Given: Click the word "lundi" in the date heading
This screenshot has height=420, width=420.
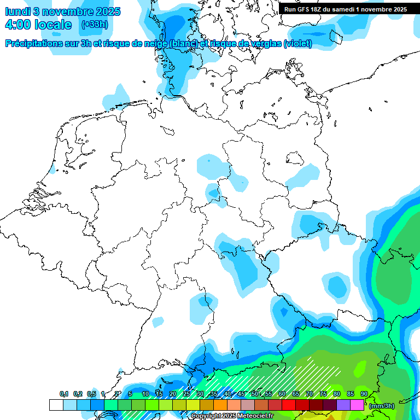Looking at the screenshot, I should coord(18,11).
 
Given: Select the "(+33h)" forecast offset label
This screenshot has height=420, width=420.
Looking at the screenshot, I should coord(95,24).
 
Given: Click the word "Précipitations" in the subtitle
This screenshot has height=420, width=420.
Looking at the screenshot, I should coord(33,43).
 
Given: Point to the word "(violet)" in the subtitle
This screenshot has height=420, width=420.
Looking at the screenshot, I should coord(298,43).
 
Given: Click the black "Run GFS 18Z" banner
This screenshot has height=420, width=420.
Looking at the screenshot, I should coord(345,9).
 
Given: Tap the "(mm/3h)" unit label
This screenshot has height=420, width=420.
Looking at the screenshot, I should coord(381,405).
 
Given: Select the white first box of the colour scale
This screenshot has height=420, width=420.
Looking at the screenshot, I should coord(56,405).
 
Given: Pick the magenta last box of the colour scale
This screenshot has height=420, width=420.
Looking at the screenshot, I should coord(357,405).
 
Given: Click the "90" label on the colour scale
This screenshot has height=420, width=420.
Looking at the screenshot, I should coord(364,394).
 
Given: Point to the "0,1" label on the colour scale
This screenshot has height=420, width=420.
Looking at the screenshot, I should coord(64,394).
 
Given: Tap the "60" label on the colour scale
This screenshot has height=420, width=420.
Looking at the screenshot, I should coord(282,394).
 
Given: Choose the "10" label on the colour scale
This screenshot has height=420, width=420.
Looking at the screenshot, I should coord(145,394).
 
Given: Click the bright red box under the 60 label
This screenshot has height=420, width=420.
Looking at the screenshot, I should coord(289,405).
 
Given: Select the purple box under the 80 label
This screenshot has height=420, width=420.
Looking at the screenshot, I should coord(343,405).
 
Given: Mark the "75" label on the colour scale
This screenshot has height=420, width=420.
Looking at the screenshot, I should coord(323,394).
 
